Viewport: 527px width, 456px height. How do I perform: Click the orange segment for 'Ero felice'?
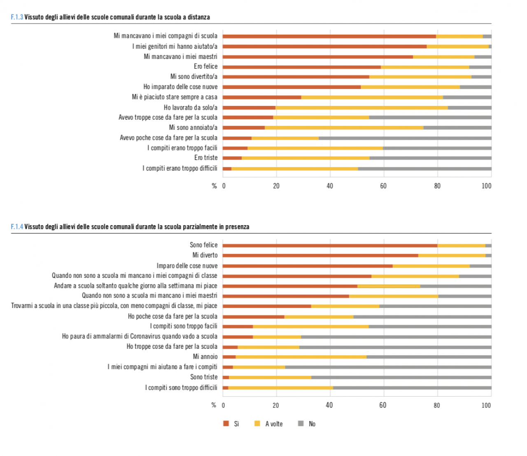pos(302,67)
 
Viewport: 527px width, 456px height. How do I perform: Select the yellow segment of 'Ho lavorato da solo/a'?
pos(361,108)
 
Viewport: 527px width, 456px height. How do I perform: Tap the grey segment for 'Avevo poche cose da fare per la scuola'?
pos(405,138)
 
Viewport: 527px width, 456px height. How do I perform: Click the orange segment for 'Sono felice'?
pos(330,246)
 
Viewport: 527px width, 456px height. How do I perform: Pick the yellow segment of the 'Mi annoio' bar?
pos(301,357)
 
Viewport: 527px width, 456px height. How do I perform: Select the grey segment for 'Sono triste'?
pos(401,377)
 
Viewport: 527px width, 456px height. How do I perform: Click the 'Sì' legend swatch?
pos(226,424)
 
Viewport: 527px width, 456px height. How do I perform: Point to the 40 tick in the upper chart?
pos(330,186)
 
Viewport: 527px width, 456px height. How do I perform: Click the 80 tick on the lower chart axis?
pos(437,405)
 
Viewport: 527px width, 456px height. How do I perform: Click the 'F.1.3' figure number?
pos(17,17)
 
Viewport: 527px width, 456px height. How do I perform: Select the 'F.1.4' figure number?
pos(17,227)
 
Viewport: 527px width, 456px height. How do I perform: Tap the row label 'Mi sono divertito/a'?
pos(194,77)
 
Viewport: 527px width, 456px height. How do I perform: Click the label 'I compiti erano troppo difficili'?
pos(180,168)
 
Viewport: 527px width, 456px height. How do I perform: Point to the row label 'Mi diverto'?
pos(205,255)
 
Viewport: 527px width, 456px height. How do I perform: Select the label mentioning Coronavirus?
pos(140,336)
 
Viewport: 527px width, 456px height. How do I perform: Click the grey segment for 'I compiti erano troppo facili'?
pos(437,148)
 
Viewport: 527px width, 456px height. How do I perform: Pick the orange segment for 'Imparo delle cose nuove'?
pos(308,266)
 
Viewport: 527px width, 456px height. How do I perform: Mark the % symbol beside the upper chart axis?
pos(214,186)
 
